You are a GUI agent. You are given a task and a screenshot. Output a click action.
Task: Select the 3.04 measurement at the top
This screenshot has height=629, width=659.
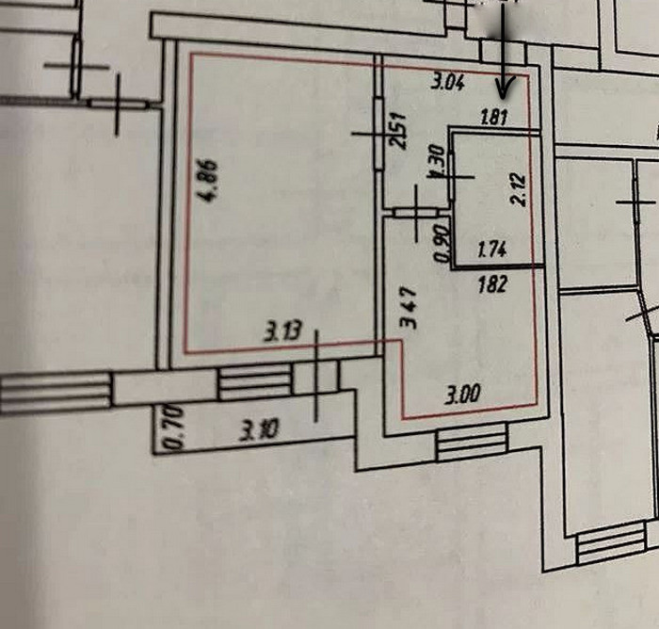point(448,82)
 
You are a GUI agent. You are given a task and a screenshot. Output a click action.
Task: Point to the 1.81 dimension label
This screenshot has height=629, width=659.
point(494,119)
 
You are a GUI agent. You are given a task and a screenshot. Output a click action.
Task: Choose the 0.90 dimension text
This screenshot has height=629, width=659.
point(440,248)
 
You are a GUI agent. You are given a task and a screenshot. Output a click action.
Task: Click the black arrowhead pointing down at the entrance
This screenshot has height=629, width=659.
point(505,90)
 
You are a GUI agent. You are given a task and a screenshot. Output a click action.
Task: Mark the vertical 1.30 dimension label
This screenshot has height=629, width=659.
point(436,161)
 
